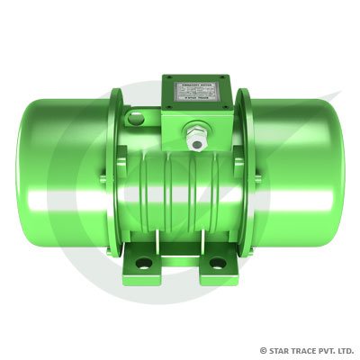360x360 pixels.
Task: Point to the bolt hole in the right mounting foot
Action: [217, 265]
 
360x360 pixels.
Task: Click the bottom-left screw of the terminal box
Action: [167, 109]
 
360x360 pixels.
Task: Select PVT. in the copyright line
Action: [326, 350]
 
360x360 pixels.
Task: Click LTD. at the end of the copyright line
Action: [345, 350]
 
